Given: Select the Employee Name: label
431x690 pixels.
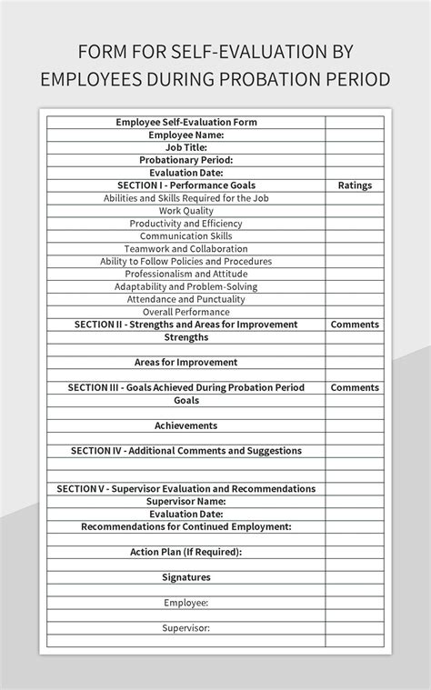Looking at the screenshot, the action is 186,135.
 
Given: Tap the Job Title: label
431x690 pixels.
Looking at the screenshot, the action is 186,147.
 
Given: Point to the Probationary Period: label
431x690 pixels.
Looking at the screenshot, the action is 186,160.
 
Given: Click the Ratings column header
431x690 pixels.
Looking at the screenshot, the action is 355,185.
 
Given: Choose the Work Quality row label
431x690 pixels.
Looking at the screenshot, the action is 186,211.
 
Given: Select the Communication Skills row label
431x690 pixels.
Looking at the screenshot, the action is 186,236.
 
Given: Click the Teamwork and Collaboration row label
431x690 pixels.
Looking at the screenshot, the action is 186,249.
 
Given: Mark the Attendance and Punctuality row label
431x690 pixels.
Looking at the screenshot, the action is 186,299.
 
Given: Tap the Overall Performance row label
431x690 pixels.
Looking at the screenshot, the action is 186,312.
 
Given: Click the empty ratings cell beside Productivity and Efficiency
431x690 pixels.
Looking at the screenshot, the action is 355,224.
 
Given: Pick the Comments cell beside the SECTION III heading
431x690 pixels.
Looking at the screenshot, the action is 355,387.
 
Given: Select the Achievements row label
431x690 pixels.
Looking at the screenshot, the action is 186,425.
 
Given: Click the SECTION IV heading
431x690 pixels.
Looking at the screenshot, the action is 186,451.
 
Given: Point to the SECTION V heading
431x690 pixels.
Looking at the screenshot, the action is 186,489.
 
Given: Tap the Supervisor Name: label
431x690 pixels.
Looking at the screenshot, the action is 186,502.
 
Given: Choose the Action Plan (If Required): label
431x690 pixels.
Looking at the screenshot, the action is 186,552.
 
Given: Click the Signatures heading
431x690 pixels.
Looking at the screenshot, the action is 186,577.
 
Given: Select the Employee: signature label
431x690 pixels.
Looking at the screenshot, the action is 186,603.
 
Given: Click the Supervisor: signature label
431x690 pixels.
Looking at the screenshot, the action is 186,628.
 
